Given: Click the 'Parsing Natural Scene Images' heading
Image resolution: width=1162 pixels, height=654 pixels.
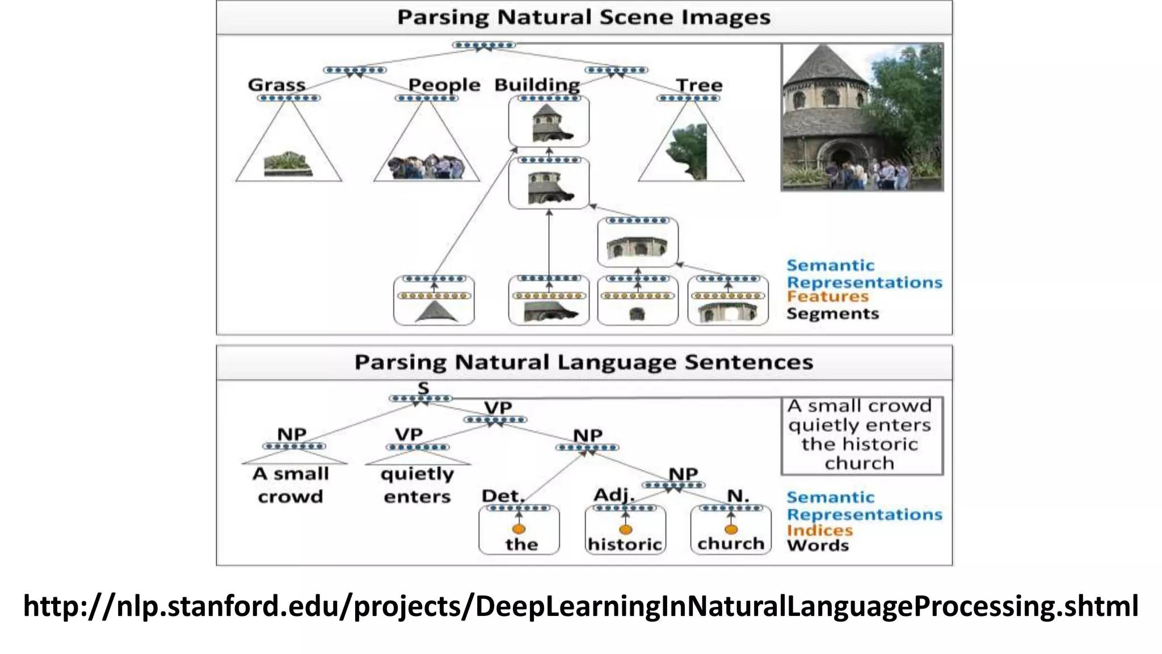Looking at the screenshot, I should click(583, 17).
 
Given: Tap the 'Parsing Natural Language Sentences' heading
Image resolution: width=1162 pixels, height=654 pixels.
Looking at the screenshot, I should click(583, 362).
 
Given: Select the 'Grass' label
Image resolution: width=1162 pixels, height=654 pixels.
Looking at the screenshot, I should click(276, 85).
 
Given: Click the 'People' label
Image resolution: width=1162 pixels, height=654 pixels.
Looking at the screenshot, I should click(444, 85).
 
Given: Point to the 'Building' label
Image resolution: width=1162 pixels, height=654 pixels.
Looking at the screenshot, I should click(537, 85).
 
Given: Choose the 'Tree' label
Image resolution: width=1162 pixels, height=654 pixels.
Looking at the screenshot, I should click(699, 85).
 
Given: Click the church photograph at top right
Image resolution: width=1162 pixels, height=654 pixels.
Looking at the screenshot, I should click(862, 117).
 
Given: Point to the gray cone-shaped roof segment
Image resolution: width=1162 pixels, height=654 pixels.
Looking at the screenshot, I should click(436, 312).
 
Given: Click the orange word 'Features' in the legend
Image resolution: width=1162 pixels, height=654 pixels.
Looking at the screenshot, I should click(827, 297).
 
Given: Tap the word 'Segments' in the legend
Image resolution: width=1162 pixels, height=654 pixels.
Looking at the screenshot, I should click(832, 314).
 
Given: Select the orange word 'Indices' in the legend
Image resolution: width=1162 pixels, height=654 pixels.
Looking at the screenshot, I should click(819, 530).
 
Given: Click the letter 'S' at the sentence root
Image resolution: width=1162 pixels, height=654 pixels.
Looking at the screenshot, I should click(423, 388).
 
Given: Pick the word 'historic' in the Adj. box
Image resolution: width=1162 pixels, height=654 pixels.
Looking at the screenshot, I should click(625, 544).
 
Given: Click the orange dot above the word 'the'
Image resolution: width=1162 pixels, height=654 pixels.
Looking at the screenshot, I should click(519, 529).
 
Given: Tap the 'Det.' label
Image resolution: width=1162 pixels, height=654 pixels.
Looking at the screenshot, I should click(503, 496).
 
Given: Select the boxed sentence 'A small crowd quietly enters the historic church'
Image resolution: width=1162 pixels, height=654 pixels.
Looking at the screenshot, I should click(861, 435).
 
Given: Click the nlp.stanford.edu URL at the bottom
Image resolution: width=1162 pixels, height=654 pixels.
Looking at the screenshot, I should click(580, 606).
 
